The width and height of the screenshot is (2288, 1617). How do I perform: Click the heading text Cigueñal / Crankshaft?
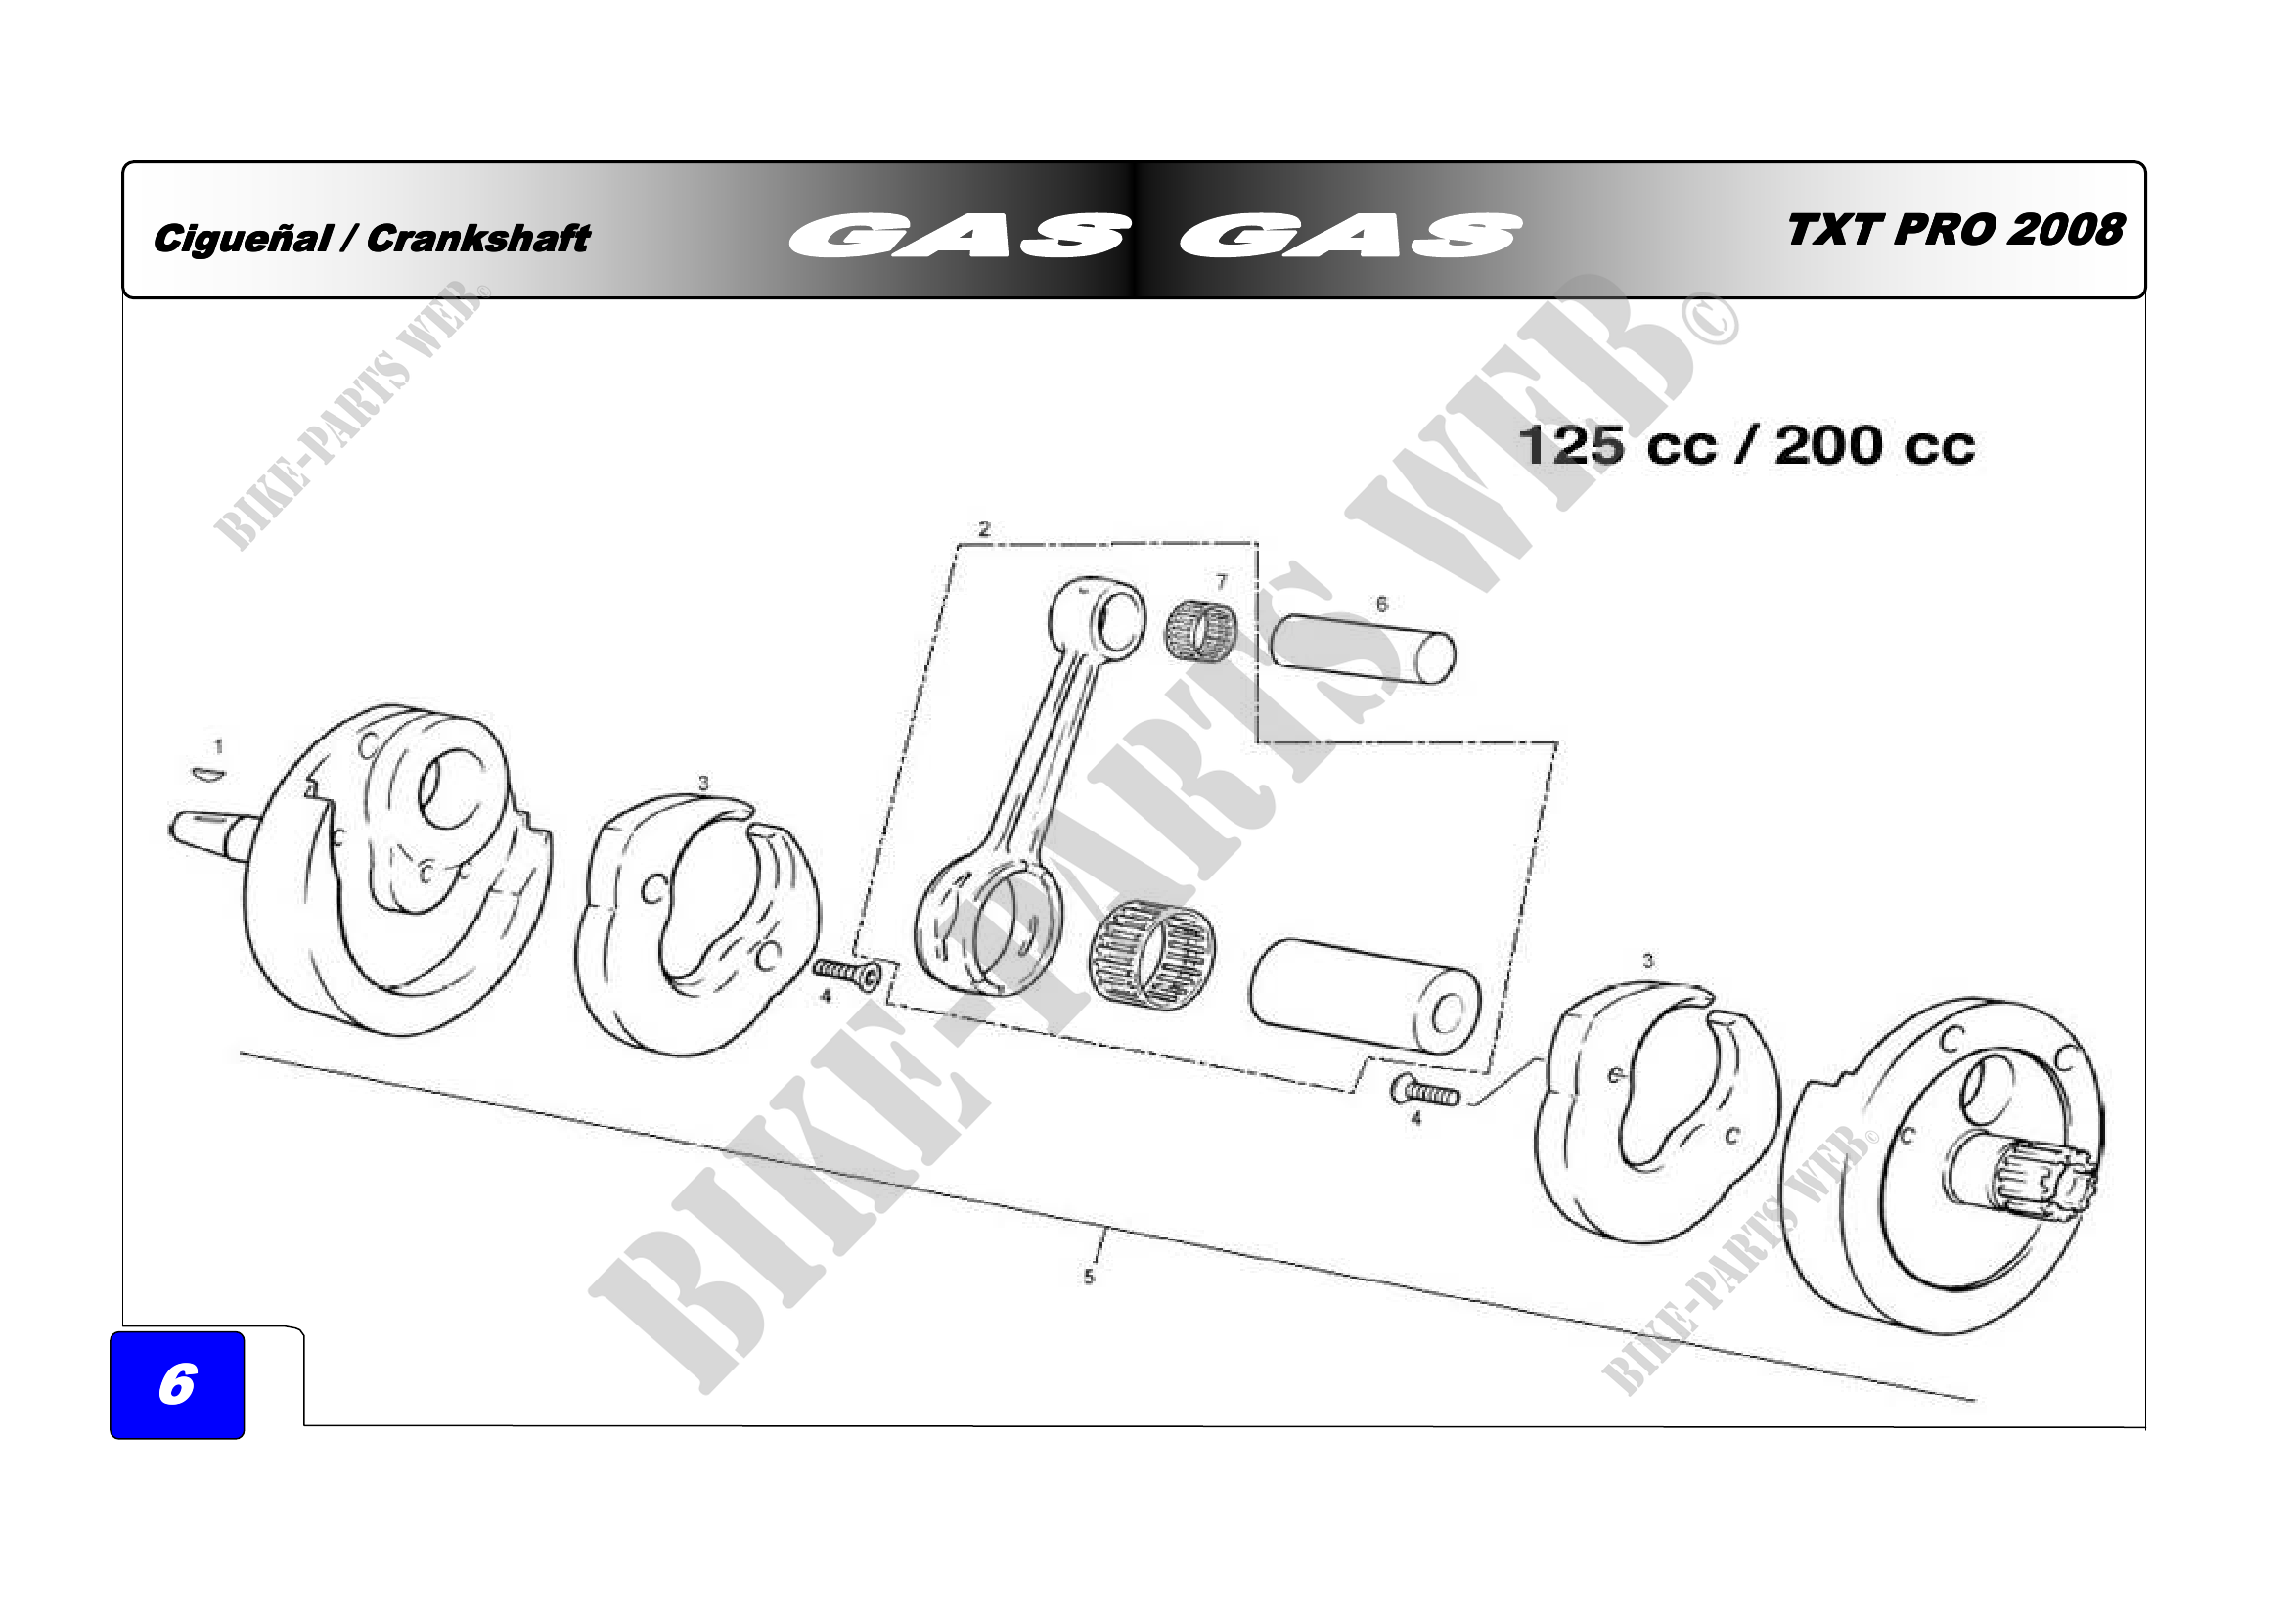tap(371, 238)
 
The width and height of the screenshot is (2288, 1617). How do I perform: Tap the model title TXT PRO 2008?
tap(1954, 230)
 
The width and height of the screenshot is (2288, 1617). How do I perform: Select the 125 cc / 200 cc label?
tap(1746, 445)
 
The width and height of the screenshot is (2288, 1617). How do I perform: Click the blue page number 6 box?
tap(177, 1385)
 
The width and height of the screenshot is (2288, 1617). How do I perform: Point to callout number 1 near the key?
tap(218, 746)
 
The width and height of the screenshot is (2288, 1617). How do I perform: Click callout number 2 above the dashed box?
tap(985, 529)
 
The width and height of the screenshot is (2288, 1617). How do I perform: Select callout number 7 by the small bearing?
tap(1222, 582)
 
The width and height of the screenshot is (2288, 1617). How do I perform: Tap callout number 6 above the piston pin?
tap(1381, 604)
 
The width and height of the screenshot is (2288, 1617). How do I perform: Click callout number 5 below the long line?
tap(1089, 1277)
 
